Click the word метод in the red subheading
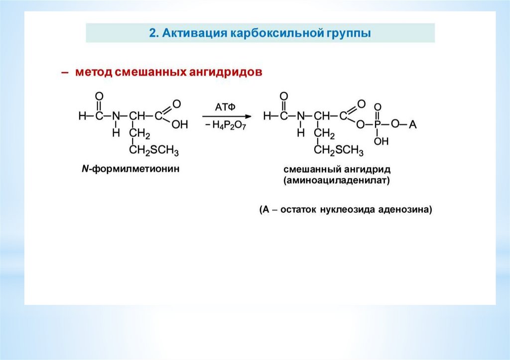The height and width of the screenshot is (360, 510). (94, 73)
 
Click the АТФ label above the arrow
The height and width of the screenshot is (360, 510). (225, 107)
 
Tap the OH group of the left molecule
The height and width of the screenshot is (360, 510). (179, 125)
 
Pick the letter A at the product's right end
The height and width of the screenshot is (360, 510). (412, 125)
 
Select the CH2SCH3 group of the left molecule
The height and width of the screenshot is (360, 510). (154, 150)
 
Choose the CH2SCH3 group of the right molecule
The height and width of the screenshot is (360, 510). (339, 150)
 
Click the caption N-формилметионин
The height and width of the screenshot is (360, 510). (130, 169)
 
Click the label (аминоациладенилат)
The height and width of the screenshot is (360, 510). (337, 181)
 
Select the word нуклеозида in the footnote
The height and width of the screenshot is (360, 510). (351, 210)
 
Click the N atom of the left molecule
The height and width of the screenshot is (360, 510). (116, 116)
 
